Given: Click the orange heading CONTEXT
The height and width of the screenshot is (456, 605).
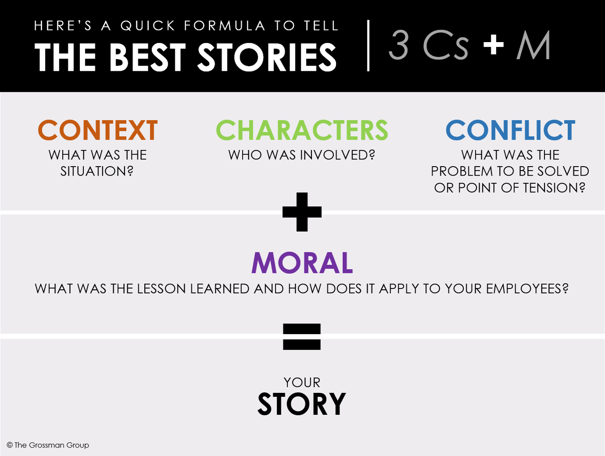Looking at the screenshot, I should pos(98,130).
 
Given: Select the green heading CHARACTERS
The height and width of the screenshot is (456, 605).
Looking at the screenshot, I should pos(302,130).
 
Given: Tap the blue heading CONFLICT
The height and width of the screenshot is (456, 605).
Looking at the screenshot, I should pos(510,130).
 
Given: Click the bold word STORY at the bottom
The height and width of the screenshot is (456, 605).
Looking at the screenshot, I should pos(302,404).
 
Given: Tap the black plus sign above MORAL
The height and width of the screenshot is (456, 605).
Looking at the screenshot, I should pos(302,212).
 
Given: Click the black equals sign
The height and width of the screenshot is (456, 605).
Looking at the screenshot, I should pos(302,336).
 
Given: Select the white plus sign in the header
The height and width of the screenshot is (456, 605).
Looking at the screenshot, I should pos(493,45).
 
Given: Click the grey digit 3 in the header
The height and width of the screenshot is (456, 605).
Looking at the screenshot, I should pos(398,45).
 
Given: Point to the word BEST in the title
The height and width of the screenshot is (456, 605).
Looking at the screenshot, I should pos(147,58).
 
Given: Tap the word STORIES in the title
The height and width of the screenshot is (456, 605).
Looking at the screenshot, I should pos(267,58).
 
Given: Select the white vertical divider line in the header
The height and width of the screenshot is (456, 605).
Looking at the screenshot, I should pos(368,45).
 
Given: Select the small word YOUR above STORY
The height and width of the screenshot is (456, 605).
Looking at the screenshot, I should pos(302,383).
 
